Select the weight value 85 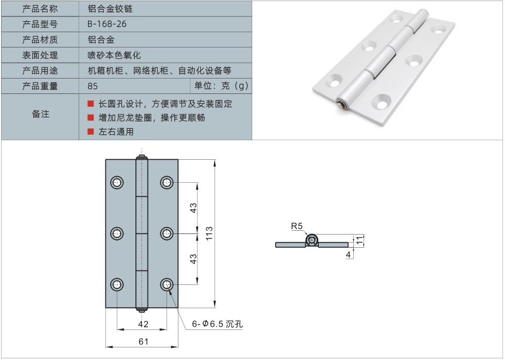pyautogui.click(x=93, y=86)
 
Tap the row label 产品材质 pyautogui.click(x=40, y=40)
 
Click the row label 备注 pyautogui.click(x=40, y=114)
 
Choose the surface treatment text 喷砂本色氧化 pyautogui.click(x=114, y=55)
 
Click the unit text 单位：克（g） pyautogui.click(x=222, y=86)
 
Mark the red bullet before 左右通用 pyautogui.click(x=91, y=131)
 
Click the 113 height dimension pyautogui.click(x=210, y=233)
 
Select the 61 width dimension pyautogui.click(x=142, y=342)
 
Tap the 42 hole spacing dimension pyautogui.click(x=143, y=325)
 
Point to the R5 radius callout pyautogui.click(x=296, y=226)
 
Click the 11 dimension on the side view pyautogui.click(x=359, y=239)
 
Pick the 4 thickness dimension pyautogui.click(x=348, y=254)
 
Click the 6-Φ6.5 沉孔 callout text pyautogui.click(x=217, y=324)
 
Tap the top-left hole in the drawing pyautogui.click(x=117, y=183)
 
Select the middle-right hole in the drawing pyautogui.click(x=167, y=233)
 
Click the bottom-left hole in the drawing pyautogui.click(x=117, y=285)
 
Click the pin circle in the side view pyautogui.click(x=311, y=240)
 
